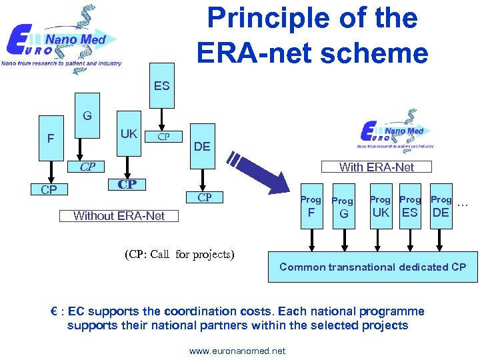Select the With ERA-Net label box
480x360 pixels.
point(376,167)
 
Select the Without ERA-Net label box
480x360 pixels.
point(119,215)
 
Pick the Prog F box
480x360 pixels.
point(311,207)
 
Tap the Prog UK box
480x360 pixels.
point(381,206)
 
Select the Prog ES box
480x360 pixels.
point(410,206)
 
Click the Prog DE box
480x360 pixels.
point(441,206)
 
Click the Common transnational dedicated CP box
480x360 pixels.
point(373,267)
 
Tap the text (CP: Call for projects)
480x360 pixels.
point(179,254)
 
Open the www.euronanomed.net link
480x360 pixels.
point(237,351)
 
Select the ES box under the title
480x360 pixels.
point(161,86)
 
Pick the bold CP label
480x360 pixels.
point(127,184)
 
